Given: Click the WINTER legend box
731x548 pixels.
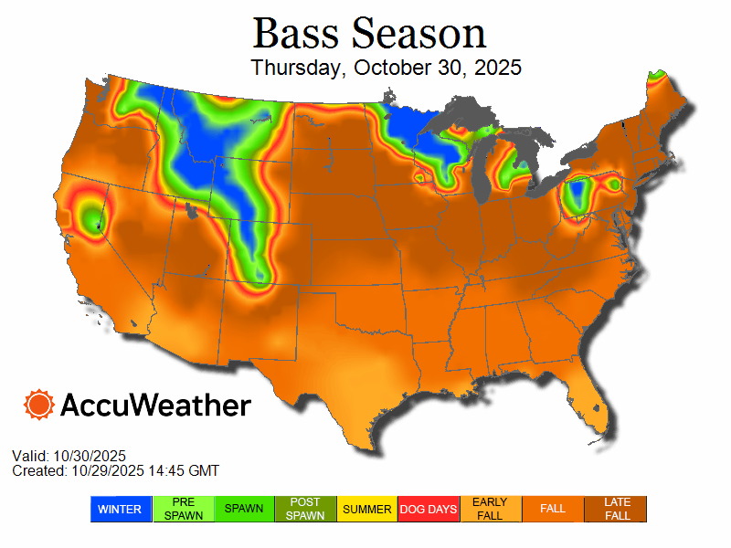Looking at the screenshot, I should click(120, 509).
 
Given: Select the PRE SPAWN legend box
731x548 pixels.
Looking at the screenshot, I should click(183, 509).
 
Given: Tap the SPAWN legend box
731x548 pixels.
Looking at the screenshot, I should click(245, 509).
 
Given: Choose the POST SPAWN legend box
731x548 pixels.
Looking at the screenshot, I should click(306, 509).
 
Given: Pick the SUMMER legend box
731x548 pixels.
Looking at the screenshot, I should click(367, 509).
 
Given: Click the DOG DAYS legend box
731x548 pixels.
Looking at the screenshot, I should click(429, 509).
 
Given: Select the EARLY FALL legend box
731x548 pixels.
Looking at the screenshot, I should click(491, 509).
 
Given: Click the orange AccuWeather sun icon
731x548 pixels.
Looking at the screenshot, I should click(39, 405).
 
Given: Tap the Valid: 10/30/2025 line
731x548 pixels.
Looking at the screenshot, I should click(69, 456).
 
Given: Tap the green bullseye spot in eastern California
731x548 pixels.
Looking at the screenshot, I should click(90, 216).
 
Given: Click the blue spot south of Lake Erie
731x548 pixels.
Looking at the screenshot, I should click(576, 195).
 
